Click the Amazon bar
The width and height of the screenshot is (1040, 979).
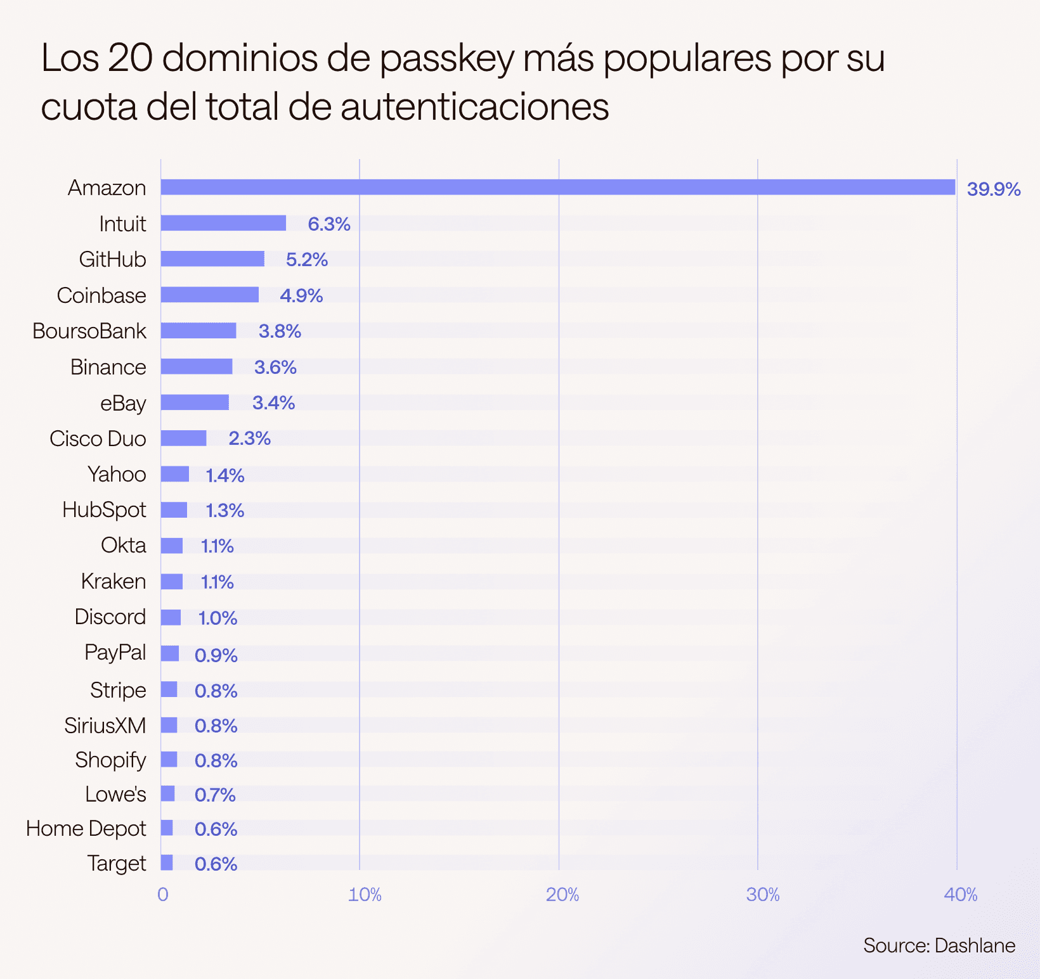point(557,187)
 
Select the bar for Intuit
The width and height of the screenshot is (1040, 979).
point(223,223)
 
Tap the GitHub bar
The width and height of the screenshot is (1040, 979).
point(212,259)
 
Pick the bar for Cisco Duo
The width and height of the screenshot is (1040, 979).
point(183,438)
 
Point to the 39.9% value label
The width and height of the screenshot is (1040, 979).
point(993,189)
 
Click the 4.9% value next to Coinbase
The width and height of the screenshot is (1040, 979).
point(301,295)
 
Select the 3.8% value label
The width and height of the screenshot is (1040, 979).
point(280,331)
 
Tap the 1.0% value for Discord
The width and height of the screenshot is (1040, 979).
point(218,618)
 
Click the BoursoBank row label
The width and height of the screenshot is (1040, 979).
point(89,331)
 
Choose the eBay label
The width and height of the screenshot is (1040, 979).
point(123,403)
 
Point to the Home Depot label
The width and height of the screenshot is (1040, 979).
point(86,828)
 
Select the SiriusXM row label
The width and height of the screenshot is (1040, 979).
point(105,725)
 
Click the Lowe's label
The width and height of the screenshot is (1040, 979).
point(115,794)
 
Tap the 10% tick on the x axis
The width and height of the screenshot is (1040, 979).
point(365,894)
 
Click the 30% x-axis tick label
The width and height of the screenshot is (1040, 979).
point(762,894)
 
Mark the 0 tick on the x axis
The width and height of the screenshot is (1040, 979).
point(163,894)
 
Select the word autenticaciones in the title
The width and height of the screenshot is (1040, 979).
point(474,106)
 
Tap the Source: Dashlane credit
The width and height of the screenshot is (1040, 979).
point(939,945)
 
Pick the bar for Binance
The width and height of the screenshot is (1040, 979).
point(197,366)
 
